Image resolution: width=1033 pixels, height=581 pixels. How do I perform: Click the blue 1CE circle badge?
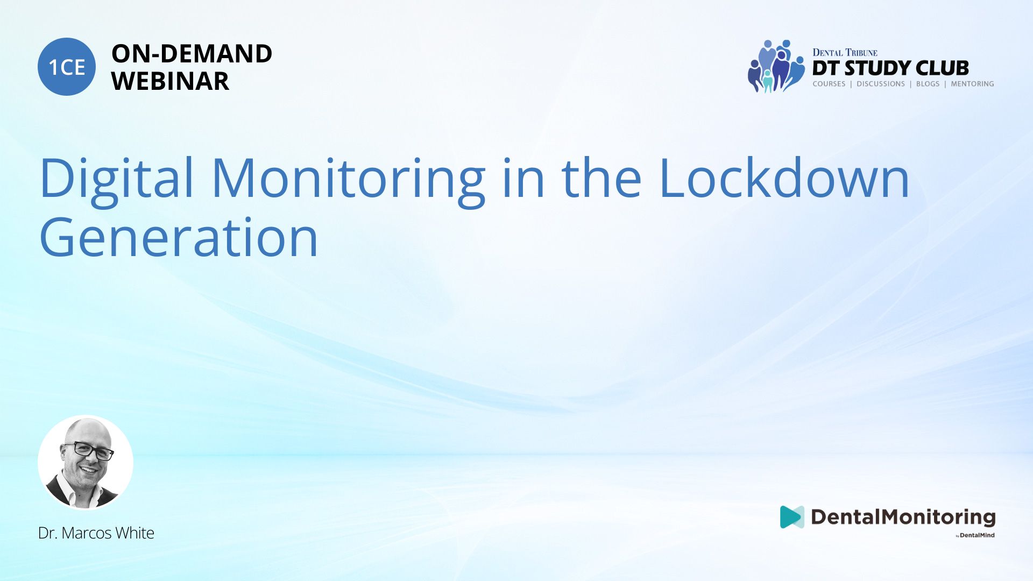(x=67, y=67)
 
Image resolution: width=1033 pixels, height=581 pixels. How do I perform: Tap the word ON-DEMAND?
(x=192, y=53)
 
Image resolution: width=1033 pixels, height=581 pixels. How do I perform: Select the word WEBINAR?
(x=170, y=81)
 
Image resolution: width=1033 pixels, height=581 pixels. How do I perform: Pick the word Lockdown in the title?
(x=784, y=178)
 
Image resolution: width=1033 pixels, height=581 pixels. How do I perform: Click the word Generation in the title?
(x=179, y=237)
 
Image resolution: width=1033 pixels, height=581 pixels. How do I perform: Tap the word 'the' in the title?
(x=602, y=178)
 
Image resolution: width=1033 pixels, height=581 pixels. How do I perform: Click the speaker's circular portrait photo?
(x=86, y=462)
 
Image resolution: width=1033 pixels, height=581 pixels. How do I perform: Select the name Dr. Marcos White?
(x=96, y=533)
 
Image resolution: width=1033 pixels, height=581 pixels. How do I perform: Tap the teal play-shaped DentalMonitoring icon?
(x=791, y=517)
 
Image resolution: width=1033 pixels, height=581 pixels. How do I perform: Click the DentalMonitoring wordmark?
(x=903, y=518)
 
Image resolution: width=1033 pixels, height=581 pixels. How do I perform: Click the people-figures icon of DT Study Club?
(x=775, y=66)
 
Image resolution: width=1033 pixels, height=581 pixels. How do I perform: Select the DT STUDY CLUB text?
(x=890, y=68)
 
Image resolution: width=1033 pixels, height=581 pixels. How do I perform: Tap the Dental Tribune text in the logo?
(x=845, y=52)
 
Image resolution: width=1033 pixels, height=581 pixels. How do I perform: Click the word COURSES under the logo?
(x=829, y=84)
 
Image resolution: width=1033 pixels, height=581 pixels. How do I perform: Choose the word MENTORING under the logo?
(x=972, y=84)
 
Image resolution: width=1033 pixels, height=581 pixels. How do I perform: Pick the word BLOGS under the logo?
(x=928, y=84)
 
